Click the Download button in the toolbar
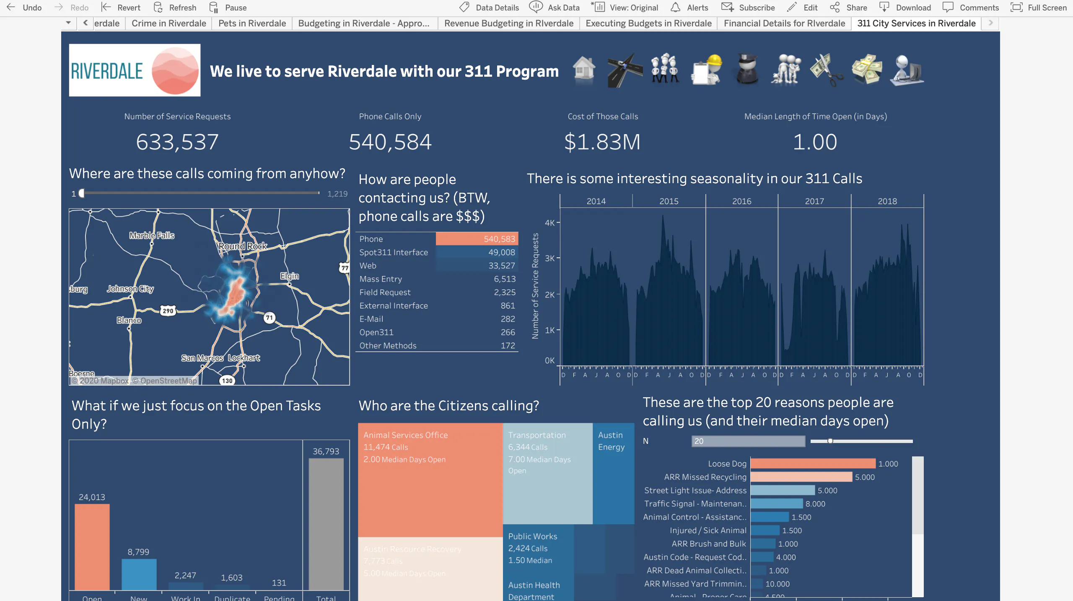[905, 8]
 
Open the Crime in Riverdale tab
[168, 23]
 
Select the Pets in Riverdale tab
[252, 23]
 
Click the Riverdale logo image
[135, 70]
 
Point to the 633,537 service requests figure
[177, 142]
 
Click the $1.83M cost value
[602, 142]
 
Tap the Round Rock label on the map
[243, 246]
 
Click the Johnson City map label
[130, 289]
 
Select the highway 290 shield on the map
[168, 311]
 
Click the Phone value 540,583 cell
[477, 239]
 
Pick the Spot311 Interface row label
[394, 252]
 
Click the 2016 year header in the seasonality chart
[741, 201]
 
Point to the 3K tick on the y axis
[549, 258]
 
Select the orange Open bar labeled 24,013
[92, 547]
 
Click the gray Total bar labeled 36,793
[326, 524]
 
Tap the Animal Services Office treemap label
[405, 435]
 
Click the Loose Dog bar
[813, 464]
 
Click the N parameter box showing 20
[748, 441]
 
